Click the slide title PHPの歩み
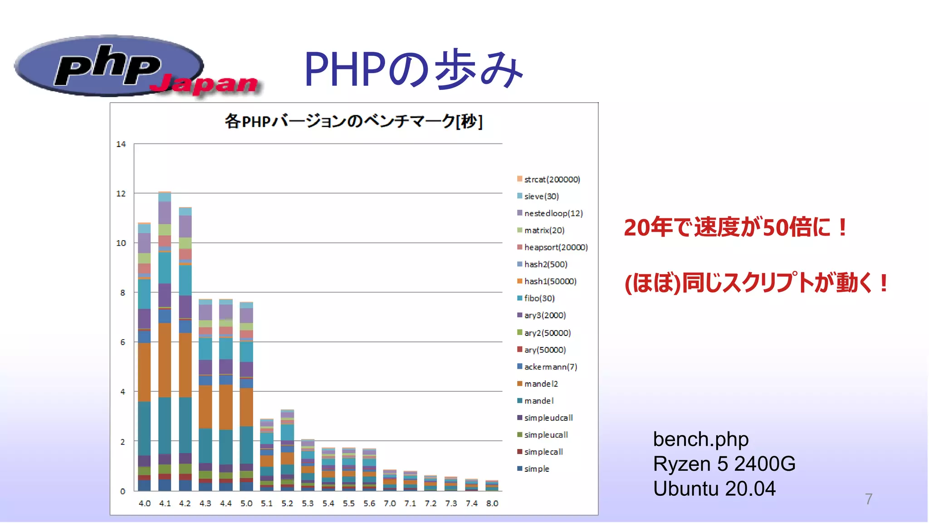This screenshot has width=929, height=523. tap(413, 69)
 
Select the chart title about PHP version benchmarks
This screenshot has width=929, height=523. tap(353, 121)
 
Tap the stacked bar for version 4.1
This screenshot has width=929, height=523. tap(165, 340)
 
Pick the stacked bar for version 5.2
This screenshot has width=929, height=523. tap(287, 449)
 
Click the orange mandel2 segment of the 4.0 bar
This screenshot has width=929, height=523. tap(144, 372)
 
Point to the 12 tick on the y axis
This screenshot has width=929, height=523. tap(121, 193)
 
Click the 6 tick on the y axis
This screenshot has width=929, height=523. tap(122, 342)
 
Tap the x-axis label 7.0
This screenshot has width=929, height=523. tap(389, 503)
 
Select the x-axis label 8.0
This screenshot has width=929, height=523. tap(492, 503)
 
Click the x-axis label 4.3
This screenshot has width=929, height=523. tap(205, 503)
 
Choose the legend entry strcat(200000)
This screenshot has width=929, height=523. tap(552, 179)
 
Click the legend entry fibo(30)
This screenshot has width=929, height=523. tap(539, 298)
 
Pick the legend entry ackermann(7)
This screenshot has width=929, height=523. tap(550, 367)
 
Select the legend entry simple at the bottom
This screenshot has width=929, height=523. tap(536, 469)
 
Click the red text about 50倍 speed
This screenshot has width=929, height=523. tap(735, 227)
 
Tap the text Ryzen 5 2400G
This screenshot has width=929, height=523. tap(724, 464)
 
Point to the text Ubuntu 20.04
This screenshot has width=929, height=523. tap(714, 488)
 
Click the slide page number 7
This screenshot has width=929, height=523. tap(868, 499)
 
